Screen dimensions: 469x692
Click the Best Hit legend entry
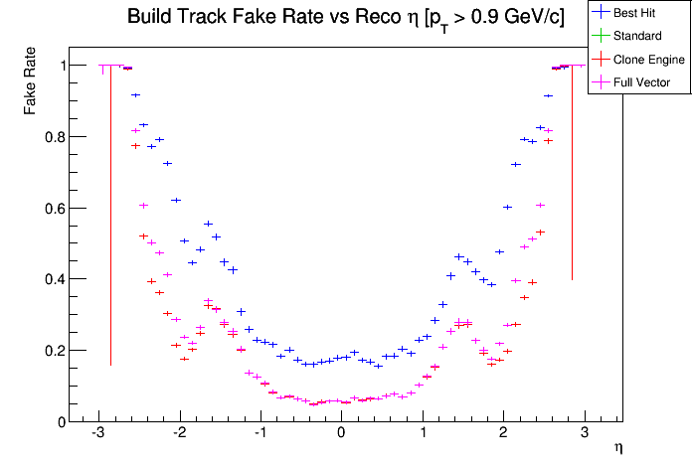[636, 13]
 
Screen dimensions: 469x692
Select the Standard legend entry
[636, 36]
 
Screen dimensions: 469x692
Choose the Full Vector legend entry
[642, 82]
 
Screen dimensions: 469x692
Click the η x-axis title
[617, 449]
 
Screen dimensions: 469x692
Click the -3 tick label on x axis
[96, 433]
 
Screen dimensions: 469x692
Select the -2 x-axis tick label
[178, 433]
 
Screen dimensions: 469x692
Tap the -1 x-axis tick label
[259, 433]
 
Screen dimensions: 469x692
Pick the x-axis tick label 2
[503, 433]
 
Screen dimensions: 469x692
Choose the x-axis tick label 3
[585, 433]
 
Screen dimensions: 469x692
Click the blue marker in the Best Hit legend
[600, 13]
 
